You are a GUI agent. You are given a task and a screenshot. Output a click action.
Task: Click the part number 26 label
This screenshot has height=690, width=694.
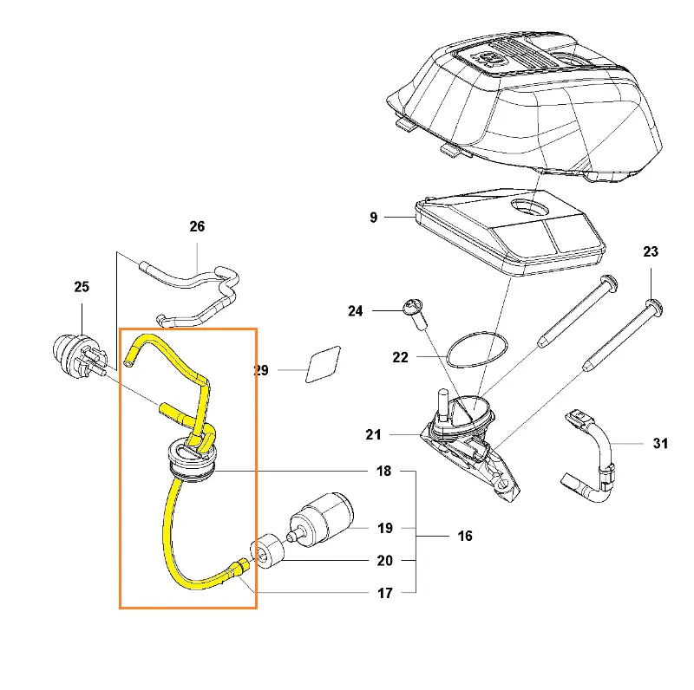pyautogui.click(x=197, y=226)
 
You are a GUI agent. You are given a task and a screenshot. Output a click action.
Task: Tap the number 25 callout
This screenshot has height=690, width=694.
pyautogui.click(x=82, y=287)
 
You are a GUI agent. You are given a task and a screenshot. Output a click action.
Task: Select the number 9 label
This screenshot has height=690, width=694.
pyautogui.click(x=374, y=218)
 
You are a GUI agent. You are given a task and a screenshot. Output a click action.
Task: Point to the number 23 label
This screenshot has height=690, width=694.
pyautogui.click(x=651, y=252)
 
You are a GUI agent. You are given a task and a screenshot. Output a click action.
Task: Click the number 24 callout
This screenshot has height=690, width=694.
pyautogui.click(x=356, y=311)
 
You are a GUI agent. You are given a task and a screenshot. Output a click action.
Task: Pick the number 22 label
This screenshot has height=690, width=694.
pyautogui.click(x=400, y=357)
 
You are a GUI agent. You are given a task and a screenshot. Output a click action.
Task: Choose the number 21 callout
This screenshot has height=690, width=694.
pyautogui.click(x=373, y=435)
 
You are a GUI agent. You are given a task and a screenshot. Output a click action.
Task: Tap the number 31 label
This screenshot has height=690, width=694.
pyautogui.click(x=660, y=443)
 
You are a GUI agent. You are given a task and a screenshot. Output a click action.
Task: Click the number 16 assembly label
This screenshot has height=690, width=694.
pyautogui.click(x=465, y=536)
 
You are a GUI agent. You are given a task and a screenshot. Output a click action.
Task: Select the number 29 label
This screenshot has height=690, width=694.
pyautogui.click(x=261, y=371)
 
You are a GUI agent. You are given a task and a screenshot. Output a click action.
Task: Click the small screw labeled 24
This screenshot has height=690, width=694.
pyautogui.click(x=416, y=314)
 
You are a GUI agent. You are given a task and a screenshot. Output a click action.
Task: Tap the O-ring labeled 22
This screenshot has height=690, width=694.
pyautogui.click(x=477, y=349)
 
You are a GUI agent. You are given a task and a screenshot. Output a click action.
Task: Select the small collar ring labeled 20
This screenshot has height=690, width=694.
pyautogui.click(x=267, y=551)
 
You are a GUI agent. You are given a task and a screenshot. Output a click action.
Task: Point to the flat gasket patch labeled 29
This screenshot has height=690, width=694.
pyautogui.click(x=323, y=364)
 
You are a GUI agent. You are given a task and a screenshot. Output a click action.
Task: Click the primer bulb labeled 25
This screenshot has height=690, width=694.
pyautogui.click(x=79, y=356)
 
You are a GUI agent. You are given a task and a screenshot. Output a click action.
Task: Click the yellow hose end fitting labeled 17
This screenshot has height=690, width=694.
pyautogui.click(x=240, y=567)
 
